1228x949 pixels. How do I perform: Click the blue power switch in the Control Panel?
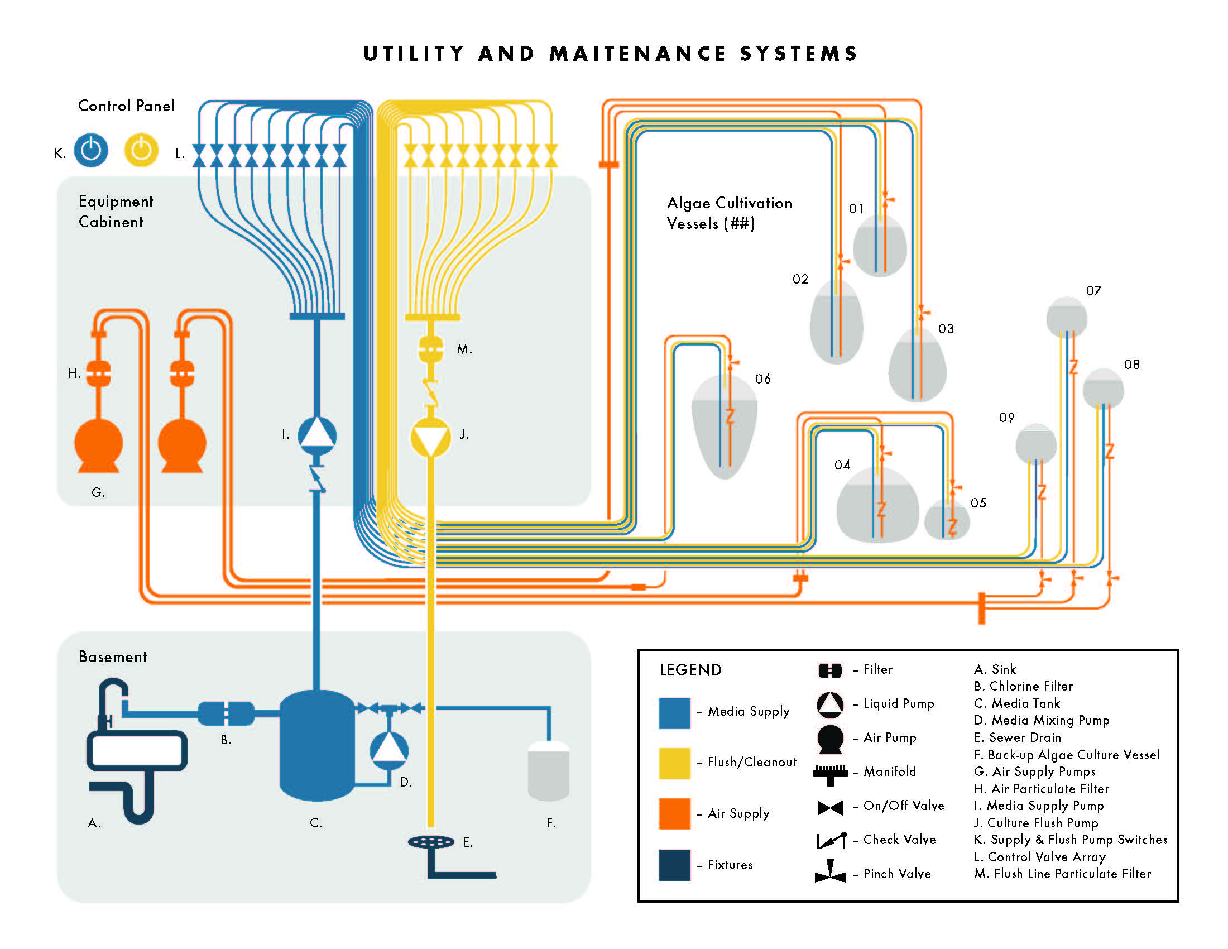click(91, 150)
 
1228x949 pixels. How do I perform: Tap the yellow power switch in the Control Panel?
click(141, 150)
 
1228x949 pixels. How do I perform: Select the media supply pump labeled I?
click(317, 436)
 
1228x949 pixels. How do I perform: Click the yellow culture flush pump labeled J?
click(431, 438)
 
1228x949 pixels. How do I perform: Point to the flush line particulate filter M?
click(431, 349)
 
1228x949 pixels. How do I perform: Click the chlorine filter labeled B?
click(226, 713)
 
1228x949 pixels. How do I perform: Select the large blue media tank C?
click(317, 745)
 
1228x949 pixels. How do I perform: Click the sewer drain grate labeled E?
click(431, 842)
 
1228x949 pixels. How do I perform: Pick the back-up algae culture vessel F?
click(549, 770)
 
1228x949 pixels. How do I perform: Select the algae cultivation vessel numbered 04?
click(877, 505)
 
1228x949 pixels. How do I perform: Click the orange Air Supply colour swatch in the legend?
click(675, 813)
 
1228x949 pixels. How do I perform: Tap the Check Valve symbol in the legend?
click(831, 840)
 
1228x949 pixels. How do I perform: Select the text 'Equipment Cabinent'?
click(116, 212)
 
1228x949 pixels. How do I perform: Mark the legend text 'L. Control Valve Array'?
click(1040, 857)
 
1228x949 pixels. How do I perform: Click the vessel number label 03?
click(946, 329)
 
